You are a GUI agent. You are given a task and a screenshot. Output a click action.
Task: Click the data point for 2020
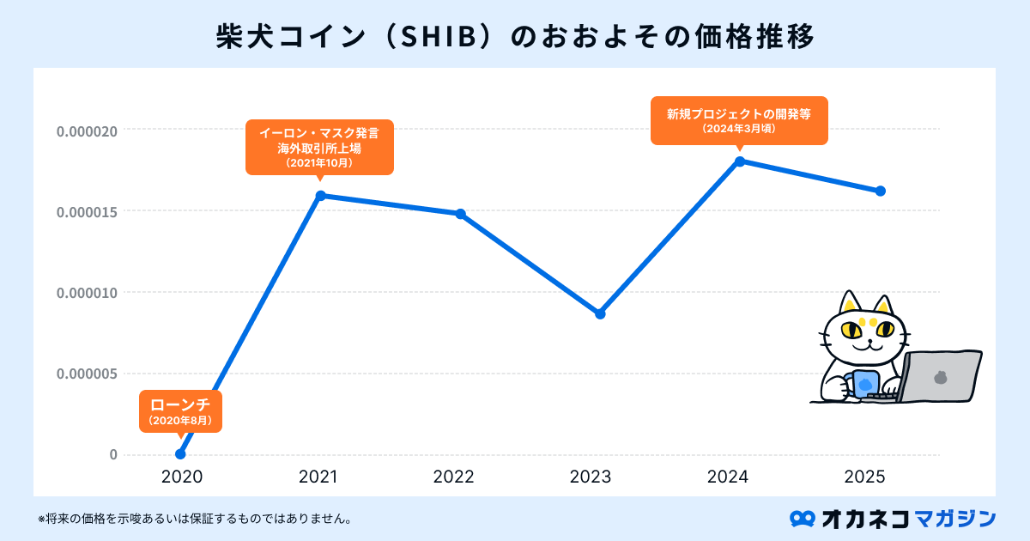coord(180,454)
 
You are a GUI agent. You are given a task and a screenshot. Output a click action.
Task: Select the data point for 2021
coord(320,196)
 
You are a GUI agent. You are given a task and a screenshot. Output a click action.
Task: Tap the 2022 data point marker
coord(460,214)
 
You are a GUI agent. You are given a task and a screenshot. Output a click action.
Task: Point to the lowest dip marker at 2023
coord(600,313)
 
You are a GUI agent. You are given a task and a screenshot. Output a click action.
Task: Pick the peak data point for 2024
coord(740,161)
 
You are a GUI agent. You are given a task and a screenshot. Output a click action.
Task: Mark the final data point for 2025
coord(880,191)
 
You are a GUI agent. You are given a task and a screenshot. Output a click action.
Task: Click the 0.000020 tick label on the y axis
coord(86,132)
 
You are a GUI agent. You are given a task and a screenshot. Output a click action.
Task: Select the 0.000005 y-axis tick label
coord(86,374)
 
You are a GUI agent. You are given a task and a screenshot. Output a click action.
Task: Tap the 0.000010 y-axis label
coord(86,293)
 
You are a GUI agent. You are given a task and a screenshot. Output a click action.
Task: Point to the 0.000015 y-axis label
coord(86,212)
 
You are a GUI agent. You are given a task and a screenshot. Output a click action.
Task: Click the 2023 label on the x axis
coord(591,477)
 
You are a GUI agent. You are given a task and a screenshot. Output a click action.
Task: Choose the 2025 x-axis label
coord(865,477)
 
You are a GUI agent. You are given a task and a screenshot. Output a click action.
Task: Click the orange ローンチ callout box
coord(180,410)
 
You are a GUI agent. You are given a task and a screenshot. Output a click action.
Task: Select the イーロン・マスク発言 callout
coord(319,147)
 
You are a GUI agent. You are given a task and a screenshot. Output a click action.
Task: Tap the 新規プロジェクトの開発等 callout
coord(739,119)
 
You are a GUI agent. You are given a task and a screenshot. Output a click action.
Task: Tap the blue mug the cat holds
coord(866,383)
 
